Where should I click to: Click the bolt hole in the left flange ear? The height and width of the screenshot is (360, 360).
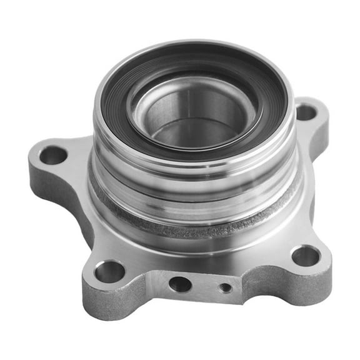click(53, 154)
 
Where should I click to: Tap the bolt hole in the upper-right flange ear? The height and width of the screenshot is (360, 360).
click(306, 112)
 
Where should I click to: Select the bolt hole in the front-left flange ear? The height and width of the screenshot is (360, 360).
click(109, 271)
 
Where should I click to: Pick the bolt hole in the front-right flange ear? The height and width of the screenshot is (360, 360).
click(306, 255)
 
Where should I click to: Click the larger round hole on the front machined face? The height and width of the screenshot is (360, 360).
click(180, 284)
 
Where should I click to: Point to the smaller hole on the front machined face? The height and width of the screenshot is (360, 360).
click(226, 287)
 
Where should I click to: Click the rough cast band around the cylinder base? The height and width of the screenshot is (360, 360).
click(187, 228)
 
